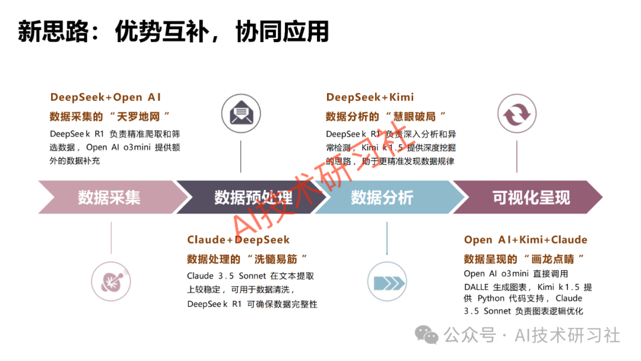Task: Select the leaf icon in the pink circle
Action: point(111,280)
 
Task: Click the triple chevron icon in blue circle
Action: point(387,281)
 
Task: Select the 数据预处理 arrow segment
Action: point(252,197)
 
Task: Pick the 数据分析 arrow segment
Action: point(382,197)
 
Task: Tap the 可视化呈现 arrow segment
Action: point(530,197)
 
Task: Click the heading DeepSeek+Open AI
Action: point(106,97)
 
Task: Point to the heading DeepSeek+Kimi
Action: point(370,97)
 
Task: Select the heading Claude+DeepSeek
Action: point(239,240)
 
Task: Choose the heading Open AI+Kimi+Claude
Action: point(525,240)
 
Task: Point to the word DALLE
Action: point(477,287)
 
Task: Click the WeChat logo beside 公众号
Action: point(427,335)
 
